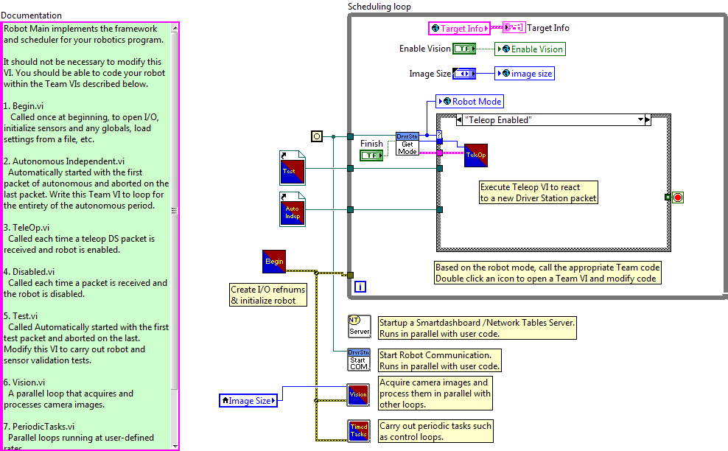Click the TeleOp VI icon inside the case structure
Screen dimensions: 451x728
(475, 155)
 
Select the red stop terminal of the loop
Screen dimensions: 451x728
(678, 197)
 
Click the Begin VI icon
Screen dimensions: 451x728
(273, 261)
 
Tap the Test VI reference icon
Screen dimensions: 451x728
(291, 167)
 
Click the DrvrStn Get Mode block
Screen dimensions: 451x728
(407, 144)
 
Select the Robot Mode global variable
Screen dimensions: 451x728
(470, 102)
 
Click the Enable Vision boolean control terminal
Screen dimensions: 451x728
(463, 49)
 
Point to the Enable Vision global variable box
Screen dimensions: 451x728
(530, 49)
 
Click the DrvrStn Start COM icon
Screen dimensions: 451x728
(359, 360)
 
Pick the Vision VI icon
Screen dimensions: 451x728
(359, 395)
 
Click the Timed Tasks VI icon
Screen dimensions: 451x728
(359, 430)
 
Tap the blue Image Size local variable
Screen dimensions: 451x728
(248, 401)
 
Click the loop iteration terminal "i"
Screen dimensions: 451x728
(360, 287)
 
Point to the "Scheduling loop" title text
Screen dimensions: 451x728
(379, 7)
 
